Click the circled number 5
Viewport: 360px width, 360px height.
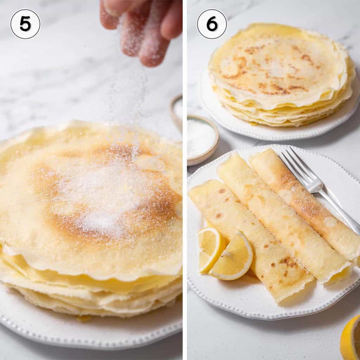pos(25,24)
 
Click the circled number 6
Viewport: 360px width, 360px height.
pos(212,24)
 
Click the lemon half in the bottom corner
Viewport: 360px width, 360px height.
pos(351,337)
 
